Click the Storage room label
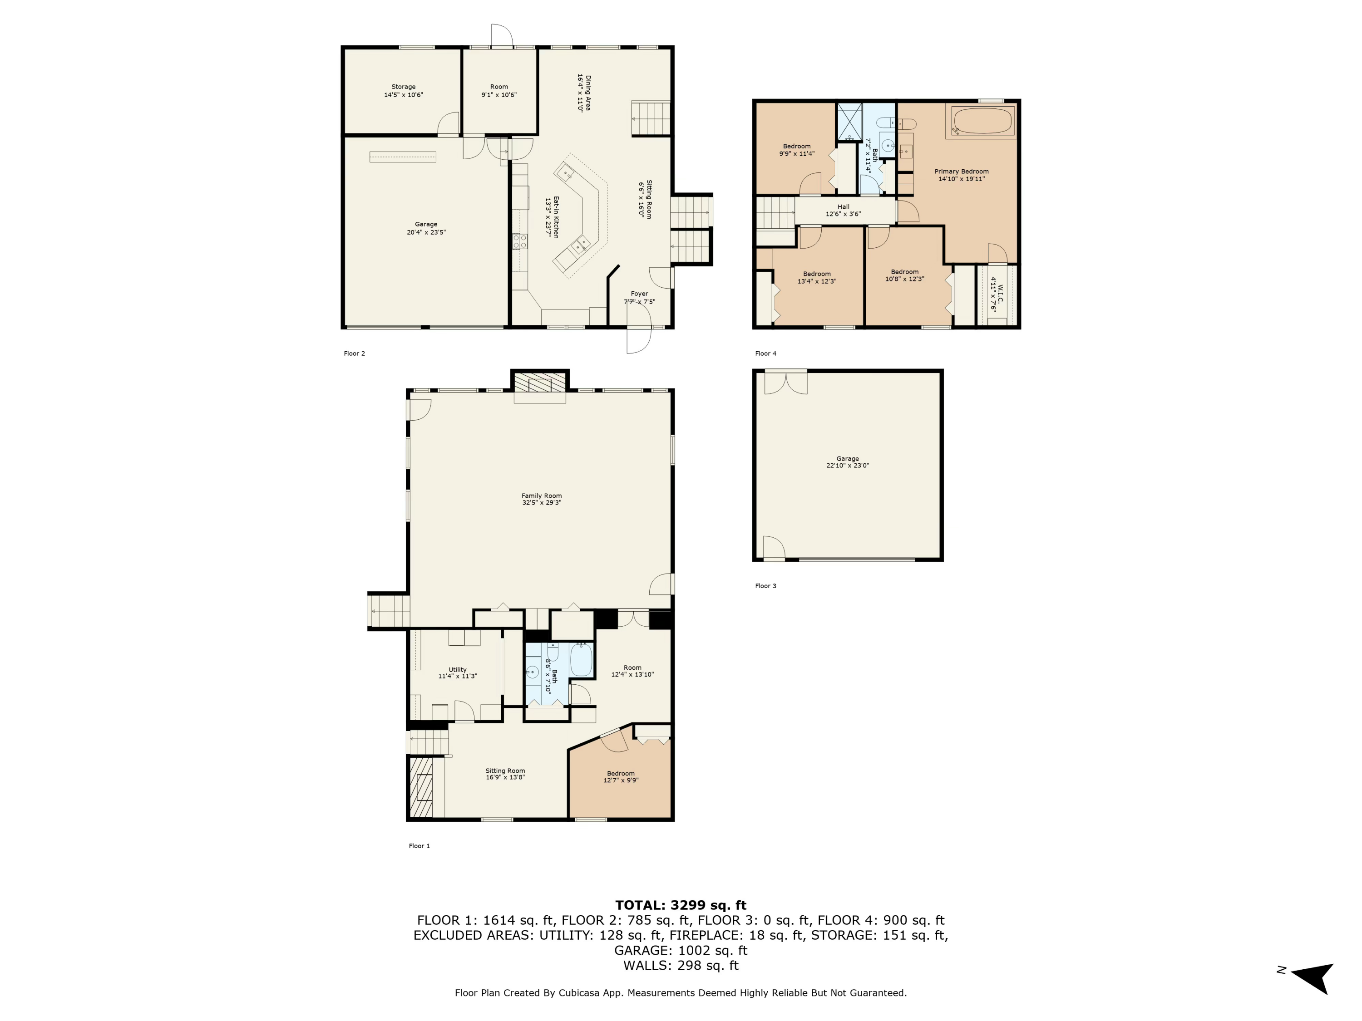(x=403, y=87)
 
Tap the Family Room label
(x=541, y=496)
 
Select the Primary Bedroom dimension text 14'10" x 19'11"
(x=961, y=179)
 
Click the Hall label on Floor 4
(x=843, y=207)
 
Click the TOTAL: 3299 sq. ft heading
(x=681, y=905)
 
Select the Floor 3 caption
(x=765, y=586)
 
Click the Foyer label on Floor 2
(x=639, y=294)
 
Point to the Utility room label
(x=457, y=670)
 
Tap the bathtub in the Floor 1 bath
(x=581, y=660)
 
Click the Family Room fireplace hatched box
(x=540, y=383)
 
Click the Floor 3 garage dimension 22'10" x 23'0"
(x=847, y=466)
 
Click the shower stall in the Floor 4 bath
(x=849, y=121)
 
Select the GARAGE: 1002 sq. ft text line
(x=681, y=950)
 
